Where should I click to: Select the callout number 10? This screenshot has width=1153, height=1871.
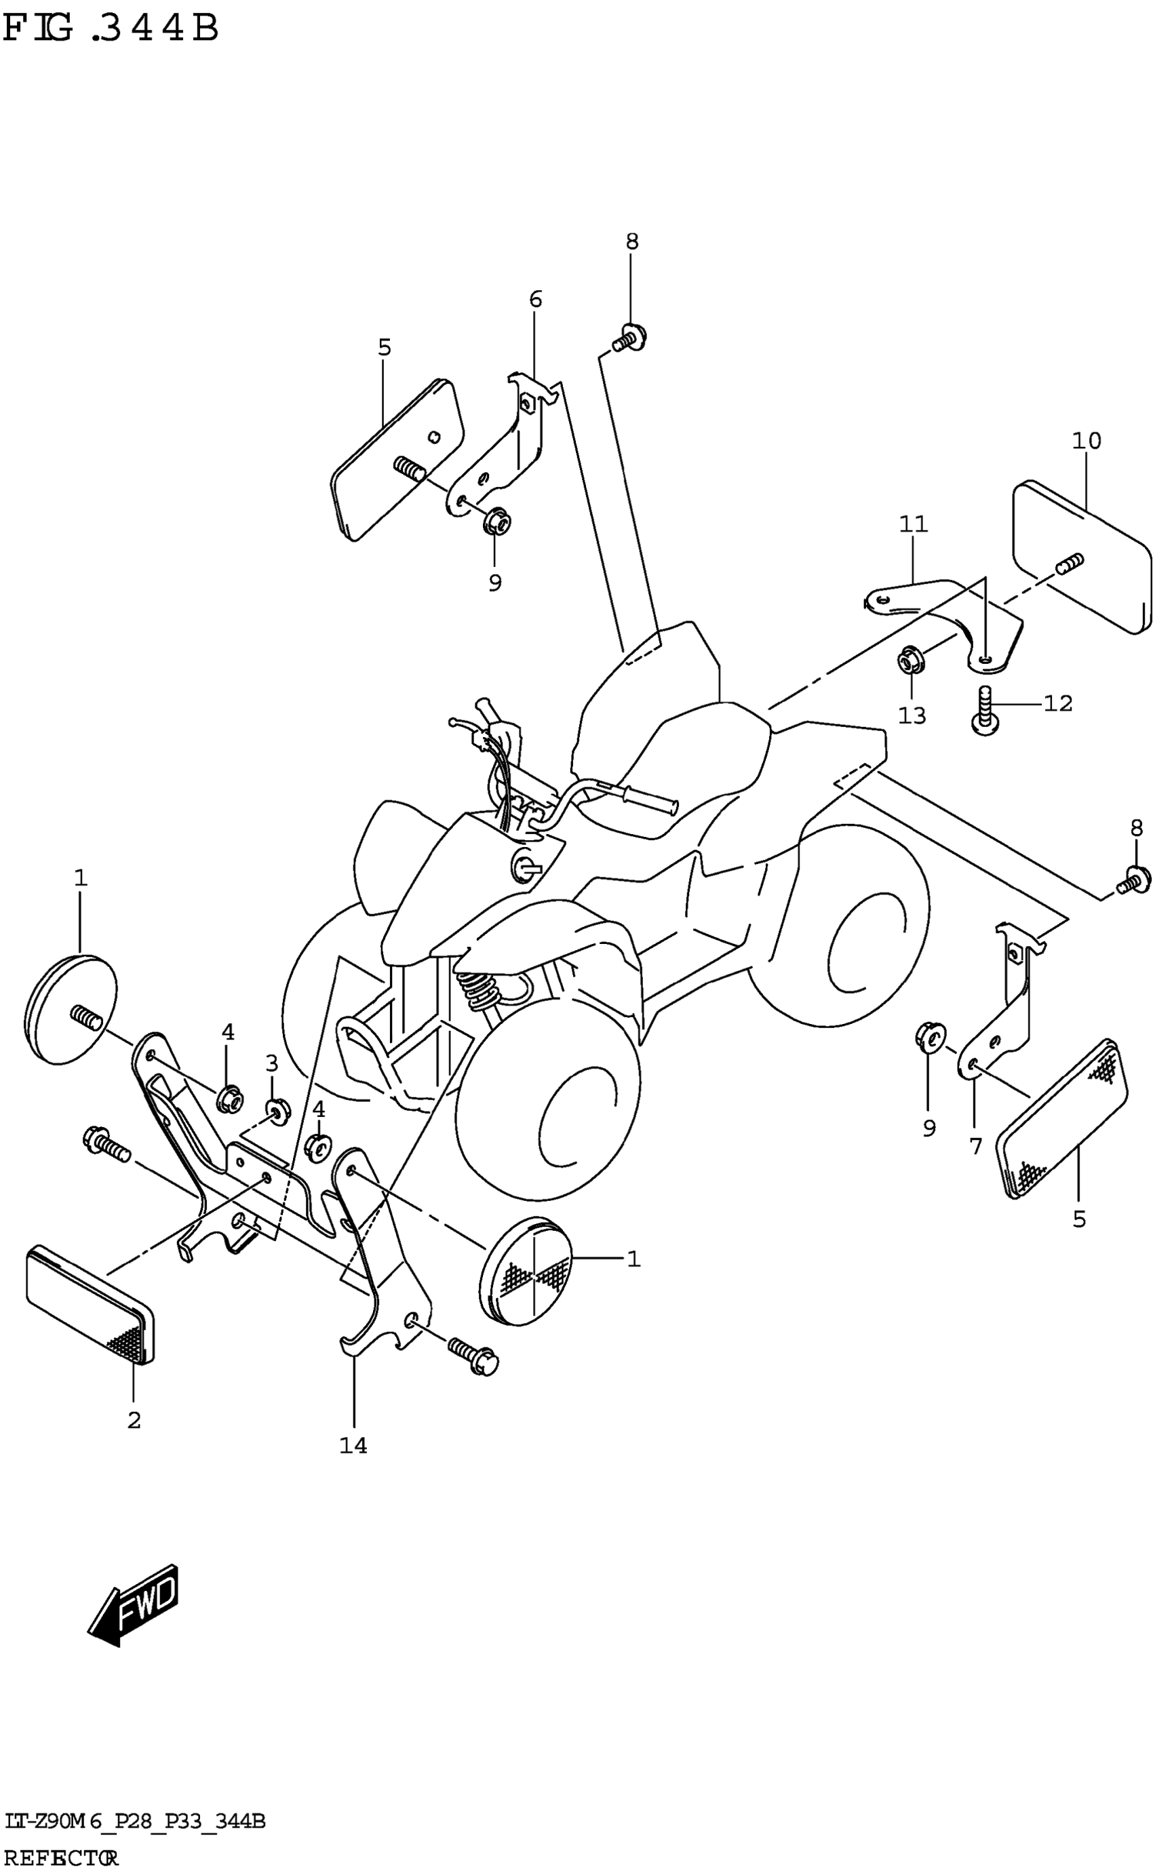pyautogui.click(x=1086, y=441)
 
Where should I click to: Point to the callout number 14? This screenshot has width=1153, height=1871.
pyautogui.click(x=353, y=1445)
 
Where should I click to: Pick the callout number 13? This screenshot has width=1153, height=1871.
pyautogui.click(x=912, y=715)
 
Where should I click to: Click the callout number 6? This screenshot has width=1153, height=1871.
pyautogui.click(x=535, y=300)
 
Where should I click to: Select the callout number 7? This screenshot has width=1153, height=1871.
pyautogui.click(x=975, y=1145)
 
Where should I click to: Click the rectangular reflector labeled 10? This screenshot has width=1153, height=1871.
pyautogui.click(x=1081, y=556)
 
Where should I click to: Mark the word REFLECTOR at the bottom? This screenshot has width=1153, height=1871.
pyautogui.click(x=61, y=1857)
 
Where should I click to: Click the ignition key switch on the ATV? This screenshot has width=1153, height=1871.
pyautogui.click(x=526, y=865)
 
